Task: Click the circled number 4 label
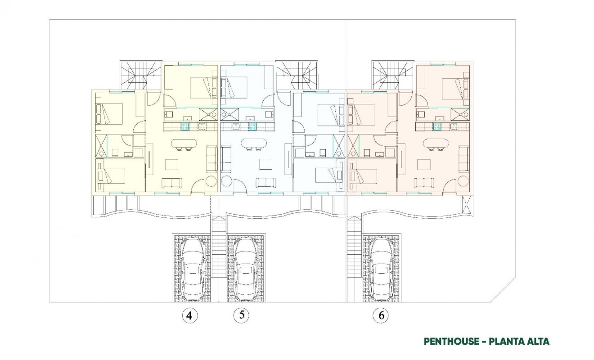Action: click(189, 315)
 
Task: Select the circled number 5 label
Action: click(242, 315)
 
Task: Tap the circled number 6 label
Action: click(381, 315)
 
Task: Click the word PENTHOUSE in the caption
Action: click(451, 342)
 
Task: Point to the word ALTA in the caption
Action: click(537, 342)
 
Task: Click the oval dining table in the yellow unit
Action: click(184, 144)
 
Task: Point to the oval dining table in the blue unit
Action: click(253, 144)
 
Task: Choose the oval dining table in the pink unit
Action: click(436, 144)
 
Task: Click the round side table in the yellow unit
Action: click(211, 182)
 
